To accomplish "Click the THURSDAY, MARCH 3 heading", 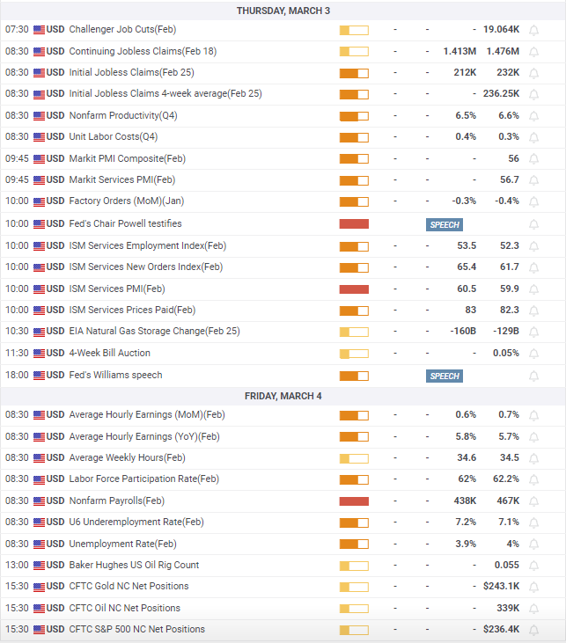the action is click(283, 11).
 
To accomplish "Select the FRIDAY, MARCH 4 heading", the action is click(283, 396).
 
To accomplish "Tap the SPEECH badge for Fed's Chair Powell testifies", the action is click(445, 224).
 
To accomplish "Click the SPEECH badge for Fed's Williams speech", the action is click(445, 376).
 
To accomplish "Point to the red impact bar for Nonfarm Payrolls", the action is click(354, 501).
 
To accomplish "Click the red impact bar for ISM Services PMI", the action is click(354, 289).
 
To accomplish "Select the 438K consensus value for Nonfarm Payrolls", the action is click(465, 501).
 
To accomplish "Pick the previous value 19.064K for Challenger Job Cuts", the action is click(501, 30).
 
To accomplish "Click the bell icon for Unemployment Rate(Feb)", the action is click(533, 544).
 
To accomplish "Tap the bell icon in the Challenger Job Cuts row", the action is click(533, 30).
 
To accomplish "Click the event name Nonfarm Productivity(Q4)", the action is click(123, 115).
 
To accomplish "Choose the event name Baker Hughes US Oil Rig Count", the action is click(134, 565).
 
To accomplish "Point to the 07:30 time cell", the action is click(17, 30).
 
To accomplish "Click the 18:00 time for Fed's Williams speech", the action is click(17, 376).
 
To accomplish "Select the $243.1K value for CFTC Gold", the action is click(501, 587).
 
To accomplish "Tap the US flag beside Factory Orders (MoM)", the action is click(39, 201).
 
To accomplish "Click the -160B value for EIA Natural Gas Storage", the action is click(463, 331).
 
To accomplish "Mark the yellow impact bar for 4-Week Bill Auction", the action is click(354, 354).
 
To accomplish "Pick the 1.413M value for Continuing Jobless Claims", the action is click(459, 52).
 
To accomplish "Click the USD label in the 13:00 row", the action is click(55, 565).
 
